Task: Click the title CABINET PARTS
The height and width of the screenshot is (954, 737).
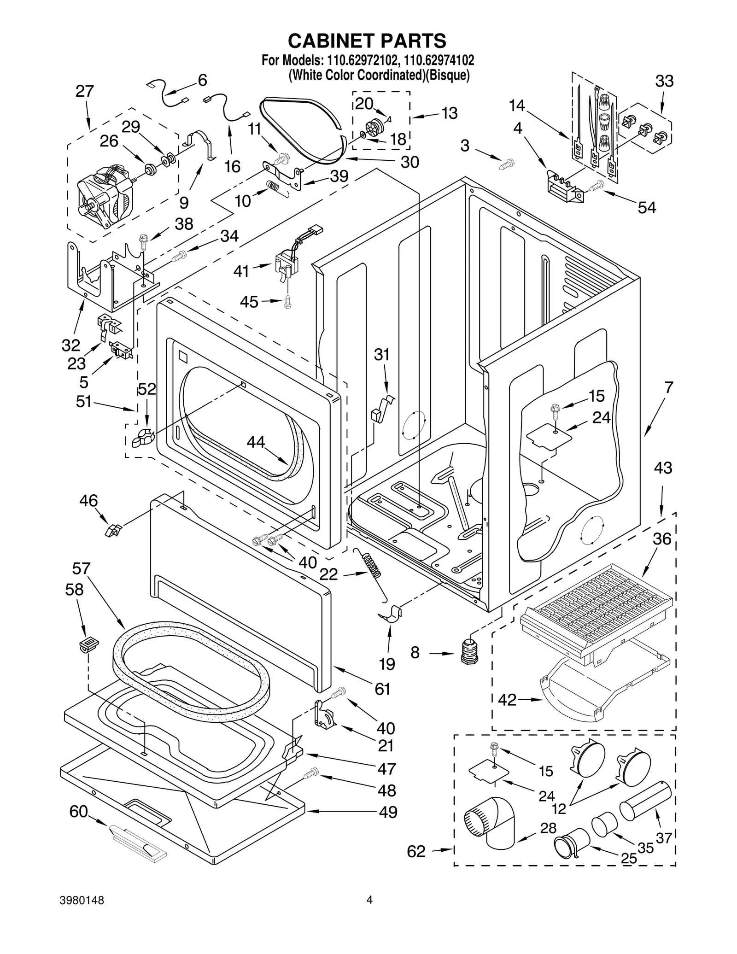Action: point(367,41)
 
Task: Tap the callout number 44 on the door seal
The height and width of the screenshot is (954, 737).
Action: point(256,442)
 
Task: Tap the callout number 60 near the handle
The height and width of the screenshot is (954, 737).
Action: point(78,811)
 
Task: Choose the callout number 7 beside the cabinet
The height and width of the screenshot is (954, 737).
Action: point(669,387)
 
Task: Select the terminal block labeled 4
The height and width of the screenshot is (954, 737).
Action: point(563,188)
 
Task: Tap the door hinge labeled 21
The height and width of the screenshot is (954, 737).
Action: point(325,715)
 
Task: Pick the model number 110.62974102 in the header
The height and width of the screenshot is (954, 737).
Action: point(439,60)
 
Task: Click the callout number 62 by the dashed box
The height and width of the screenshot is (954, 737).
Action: point(416,851)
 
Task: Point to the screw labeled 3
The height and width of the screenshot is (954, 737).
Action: point(507,164)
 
